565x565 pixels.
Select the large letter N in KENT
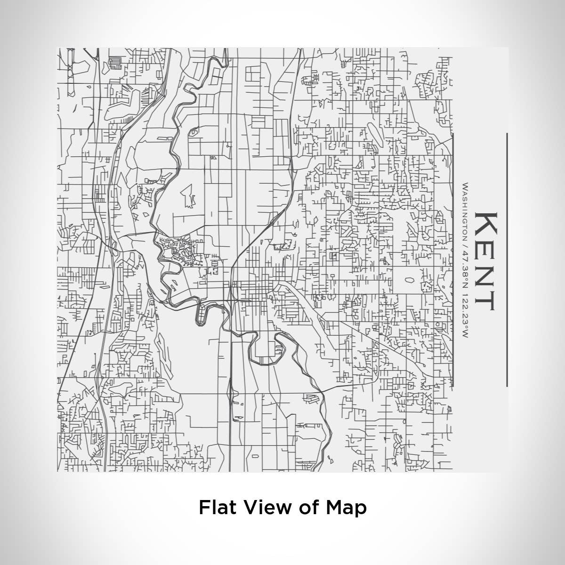click(x=485, y=273)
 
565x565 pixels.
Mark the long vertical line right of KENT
click(x=507, y=259)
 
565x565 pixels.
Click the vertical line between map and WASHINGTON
click(x=453, y=259)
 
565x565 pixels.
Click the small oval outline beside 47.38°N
click(x=408, y=280)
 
